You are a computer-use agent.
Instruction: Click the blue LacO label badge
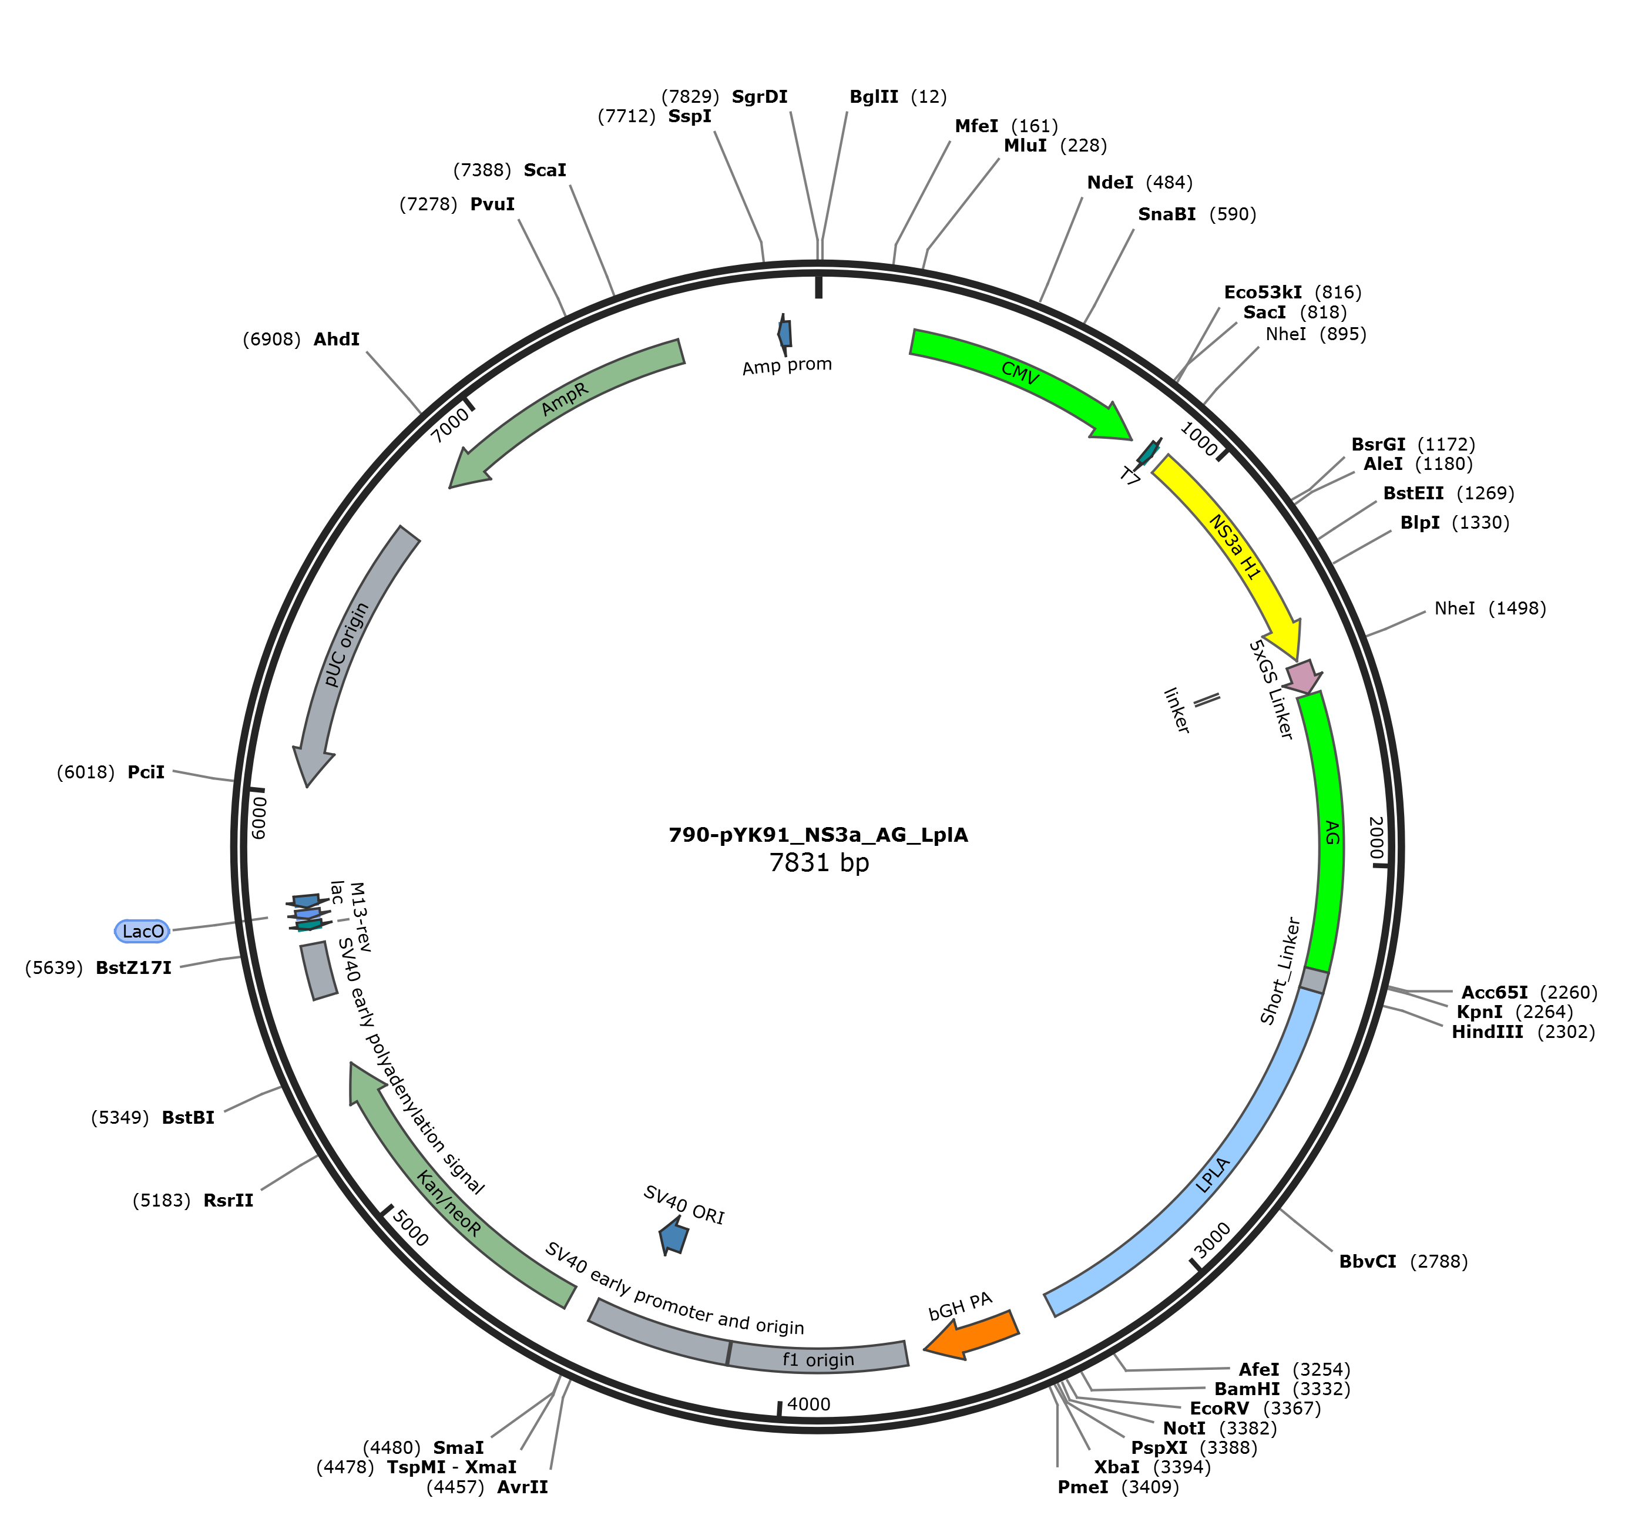[x=142, y=931]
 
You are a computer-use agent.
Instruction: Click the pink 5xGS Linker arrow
[x=1303, y=677]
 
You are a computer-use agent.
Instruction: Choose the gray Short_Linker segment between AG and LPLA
[x=1314, y=981]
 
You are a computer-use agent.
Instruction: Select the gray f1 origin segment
[x=817, y=1358]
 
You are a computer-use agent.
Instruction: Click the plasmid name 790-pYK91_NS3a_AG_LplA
[x=818, y=835]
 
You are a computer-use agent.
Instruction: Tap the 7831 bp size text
[x=819, y=862]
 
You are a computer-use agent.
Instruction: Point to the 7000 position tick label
[x=451, y=425]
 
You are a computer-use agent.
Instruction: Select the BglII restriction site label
[x=874, y=96]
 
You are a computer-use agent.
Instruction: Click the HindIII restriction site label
[x=1487, y=1032]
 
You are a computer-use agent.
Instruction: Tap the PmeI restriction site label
[x=1083, y=1487]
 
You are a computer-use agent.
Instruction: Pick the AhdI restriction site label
[x=337, y=339]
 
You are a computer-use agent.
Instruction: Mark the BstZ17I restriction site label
[x=133, y=968]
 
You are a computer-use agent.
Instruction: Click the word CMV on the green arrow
[x=1020, y=374]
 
